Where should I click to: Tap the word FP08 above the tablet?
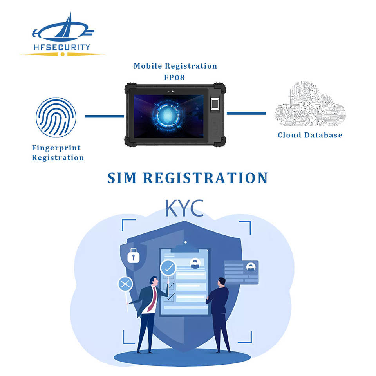click(x=174, y=77)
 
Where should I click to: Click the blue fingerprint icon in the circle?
click(x=56, y=117)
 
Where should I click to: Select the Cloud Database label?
click(x=310, y=135)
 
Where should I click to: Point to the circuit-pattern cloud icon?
click(x=310, y=104)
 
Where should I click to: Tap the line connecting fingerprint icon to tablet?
click(x=104, y=116)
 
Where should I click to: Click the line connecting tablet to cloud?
click(x=246, y=114)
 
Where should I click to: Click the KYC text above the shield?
click(x=184, y=208)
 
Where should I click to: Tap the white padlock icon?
click(x=133, y=255)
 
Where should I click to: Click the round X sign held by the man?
click(x=125, y=284)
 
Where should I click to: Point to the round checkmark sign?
click(x=168, y=268)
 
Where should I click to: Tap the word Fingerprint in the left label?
click(x=56, y=148)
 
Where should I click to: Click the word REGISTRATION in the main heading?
click(x=205, y=178)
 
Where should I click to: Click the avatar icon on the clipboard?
click(x=195, y=264)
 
